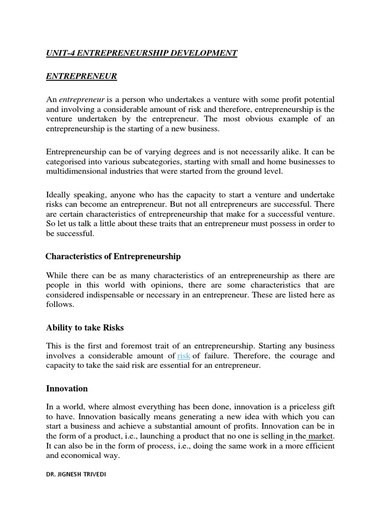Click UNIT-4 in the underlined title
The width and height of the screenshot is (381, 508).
[60, 53]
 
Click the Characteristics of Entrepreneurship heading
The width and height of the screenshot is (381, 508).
[113, 256]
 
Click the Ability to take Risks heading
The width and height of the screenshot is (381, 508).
[85, 327]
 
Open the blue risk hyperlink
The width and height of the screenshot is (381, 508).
[184, 356]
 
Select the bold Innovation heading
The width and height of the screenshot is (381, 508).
[67, 388]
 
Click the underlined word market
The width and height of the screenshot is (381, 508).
[320, 436]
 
